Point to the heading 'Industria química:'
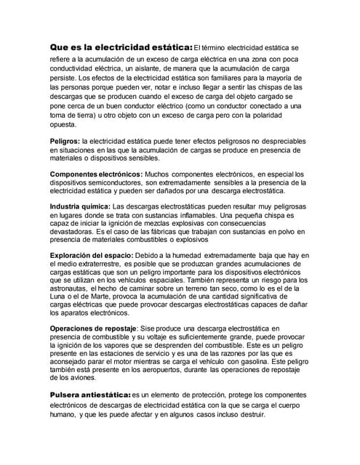79,206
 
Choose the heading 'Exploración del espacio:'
92,256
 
